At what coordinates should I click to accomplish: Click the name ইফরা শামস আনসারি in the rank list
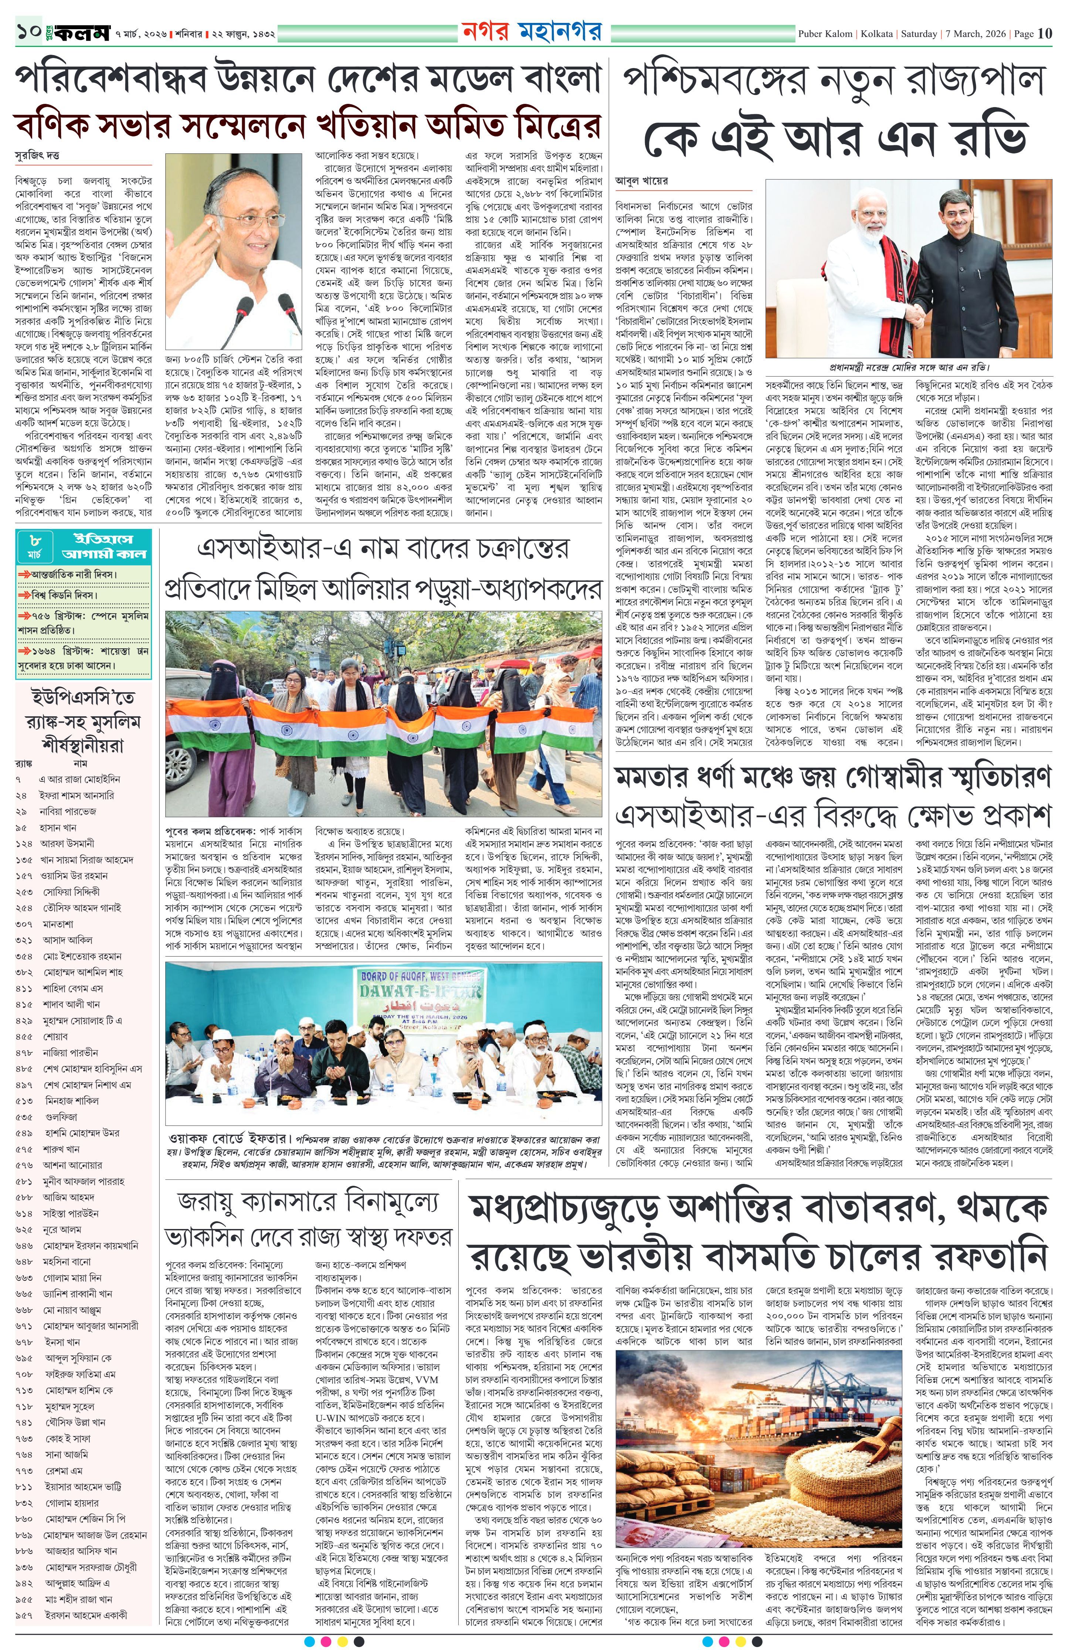pyautogui.click(x=76, y=795)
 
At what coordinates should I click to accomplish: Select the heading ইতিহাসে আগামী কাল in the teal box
pyautogui.click(x=104, y=546)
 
